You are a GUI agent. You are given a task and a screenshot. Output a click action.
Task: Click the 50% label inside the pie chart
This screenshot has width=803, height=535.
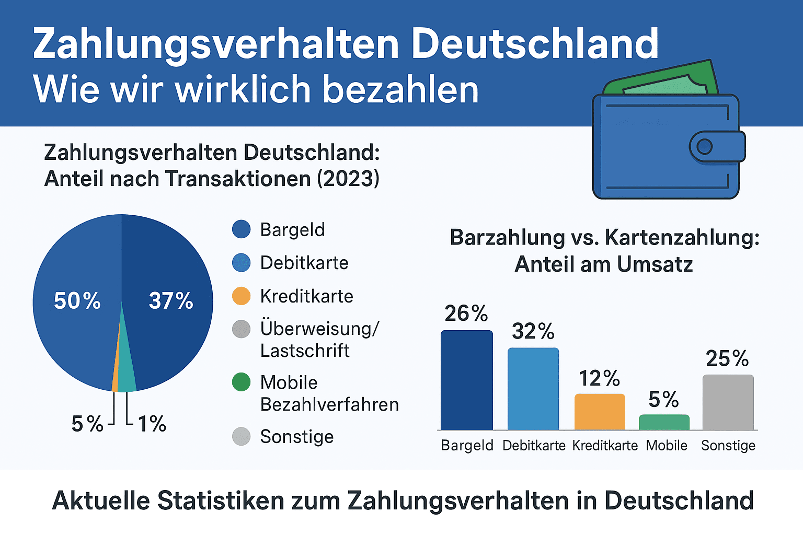[x=77, y=301]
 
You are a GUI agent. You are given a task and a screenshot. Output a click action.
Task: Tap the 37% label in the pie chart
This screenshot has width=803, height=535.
[x=171, y=301]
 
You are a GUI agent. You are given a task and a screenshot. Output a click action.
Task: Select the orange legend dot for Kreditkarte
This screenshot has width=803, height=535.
[x=241, y=296]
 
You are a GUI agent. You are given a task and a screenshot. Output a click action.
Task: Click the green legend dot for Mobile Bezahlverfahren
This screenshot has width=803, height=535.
[x=241, y=382]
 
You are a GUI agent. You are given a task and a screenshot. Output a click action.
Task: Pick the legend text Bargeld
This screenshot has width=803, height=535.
[x=292, y=230]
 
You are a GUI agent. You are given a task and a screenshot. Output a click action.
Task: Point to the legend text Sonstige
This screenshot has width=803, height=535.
[x=296, y=436]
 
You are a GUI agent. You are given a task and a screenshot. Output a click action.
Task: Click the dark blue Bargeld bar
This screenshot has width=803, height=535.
[x=466, y=380]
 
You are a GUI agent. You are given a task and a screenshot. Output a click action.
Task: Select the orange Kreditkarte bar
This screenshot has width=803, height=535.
[x=600, y=412]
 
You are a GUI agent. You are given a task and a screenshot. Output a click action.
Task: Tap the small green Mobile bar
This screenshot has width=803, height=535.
[x=664, y=422]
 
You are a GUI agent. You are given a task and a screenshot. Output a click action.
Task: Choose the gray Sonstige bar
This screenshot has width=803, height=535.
[x=728, y=402]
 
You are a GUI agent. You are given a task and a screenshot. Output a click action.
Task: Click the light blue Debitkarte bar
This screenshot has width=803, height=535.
[x=533, y=389]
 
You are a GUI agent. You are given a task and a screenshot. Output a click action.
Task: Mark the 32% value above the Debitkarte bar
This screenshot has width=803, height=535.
[x=533, y=331]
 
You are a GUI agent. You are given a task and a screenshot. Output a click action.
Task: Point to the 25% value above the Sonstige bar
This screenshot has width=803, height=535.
[x=727, y=358]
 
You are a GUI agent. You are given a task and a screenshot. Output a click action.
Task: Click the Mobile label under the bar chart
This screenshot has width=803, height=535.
[x=667, y=446]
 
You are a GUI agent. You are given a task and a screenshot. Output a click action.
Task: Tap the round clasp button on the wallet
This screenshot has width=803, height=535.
[x=704, y=147]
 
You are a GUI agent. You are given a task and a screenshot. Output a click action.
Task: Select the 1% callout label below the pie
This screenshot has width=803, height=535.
[x=152, y=424]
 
